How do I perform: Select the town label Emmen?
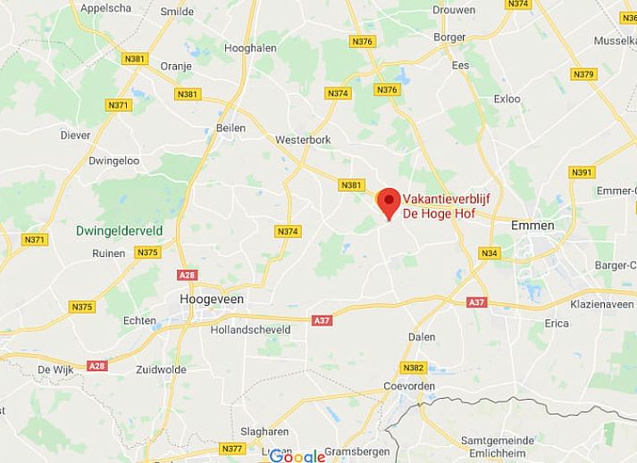click(532, 226)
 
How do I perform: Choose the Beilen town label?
click(231, 128)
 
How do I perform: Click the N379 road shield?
click(583, 74)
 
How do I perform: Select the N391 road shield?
click(581, 172)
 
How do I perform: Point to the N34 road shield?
click(489, 254)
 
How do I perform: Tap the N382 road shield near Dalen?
click(413, 368)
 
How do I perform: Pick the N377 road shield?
click(232, 448)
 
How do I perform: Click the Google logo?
click(298, 456)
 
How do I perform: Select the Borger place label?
click(449, 37)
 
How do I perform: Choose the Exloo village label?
click(507, 99)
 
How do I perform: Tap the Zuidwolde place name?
click(161, 369)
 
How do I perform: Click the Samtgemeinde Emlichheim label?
click(497, 447)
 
